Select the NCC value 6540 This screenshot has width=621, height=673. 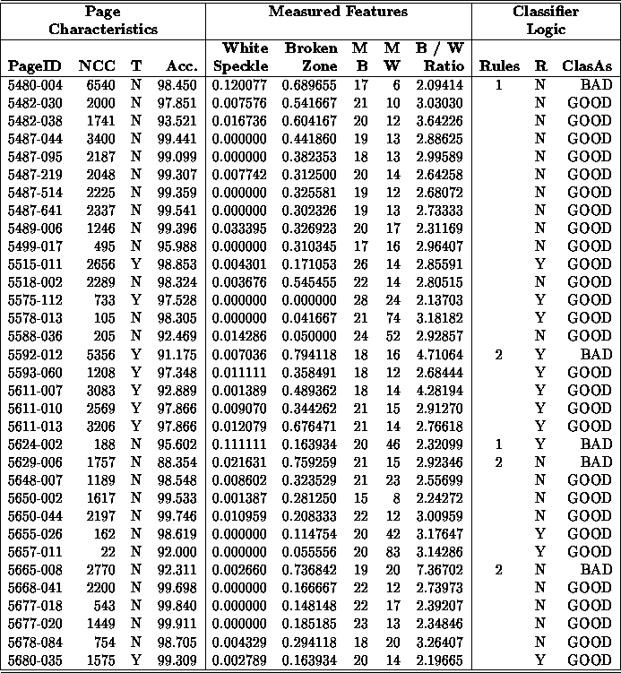(x=96, y=83)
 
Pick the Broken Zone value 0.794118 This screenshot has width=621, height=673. (x=310, y=354)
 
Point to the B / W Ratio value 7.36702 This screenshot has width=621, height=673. (x=439, y=569)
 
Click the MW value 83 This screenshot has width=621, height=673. (x=392, y=551)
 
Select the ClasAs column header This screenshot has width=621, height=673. (x=586, y=65)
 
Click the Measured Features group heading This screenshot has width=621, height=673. (x=338, y=12)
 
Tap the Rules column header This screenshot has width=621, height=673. (x=499, y=65)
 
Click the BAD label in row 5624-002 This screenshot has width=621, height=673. (x=595, y=444)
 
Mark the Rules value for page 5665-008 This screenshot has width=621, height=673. (x=498, y=569)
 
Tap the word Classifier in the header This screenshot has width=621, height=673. (x=545, y=12)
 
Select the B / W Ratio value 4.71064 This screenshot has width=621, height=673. (x=439, y=354)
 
